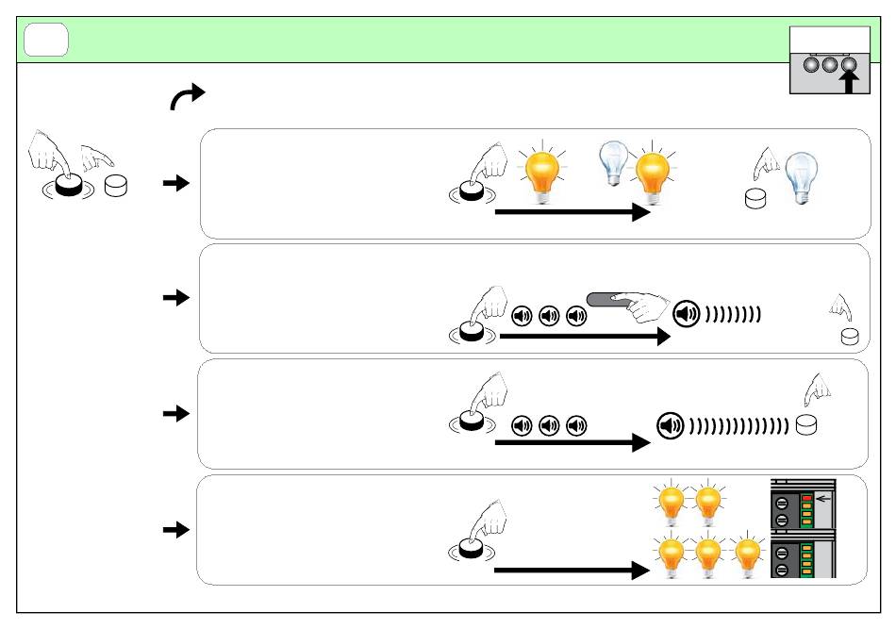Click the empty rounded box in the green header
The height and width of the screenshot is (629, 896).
click(46, 40)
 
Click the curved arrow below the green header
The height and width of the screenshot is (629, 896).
click(187, 95)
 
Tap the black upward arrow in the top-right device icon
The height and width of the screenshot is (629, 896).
click(849, 82)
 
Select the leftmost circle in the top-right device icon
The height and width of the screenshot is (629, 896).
click(811, 65)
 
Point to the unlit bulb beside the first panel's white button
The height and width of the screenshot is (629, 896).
click(801, 175)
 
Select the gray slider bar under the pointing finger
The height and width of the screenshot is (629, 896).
click(613, 299)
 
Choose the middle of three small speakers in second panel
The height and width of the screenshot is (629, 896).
click(548, 317)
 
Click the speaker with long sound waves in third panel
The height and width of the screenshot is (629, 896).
click(669, 425)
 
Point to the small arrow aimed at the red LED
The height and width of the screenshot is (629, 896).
click(823, 497)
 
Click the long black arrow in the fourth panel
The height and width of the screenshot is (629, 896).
click(567, 571)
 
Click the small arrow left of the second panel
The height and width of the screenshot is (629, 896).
click(176, 298)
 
